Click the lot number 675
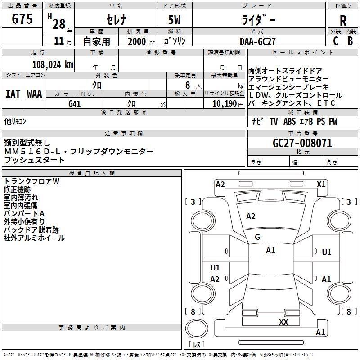pos(22,19)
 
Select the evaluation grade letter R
pos(343,20)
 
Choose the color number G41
pos(74,104)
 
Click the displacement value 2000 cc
pos(138,41)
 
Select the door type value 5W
pos(175,20)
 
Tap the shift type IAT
pos(13,94)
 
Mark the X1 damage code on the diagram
pos(321,184)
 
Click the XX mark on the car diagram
pos(283,322)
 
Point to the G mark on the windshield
pos(257,237)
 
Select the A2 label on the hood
pos(251,216)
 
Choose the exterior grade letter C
pos(335,41)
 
